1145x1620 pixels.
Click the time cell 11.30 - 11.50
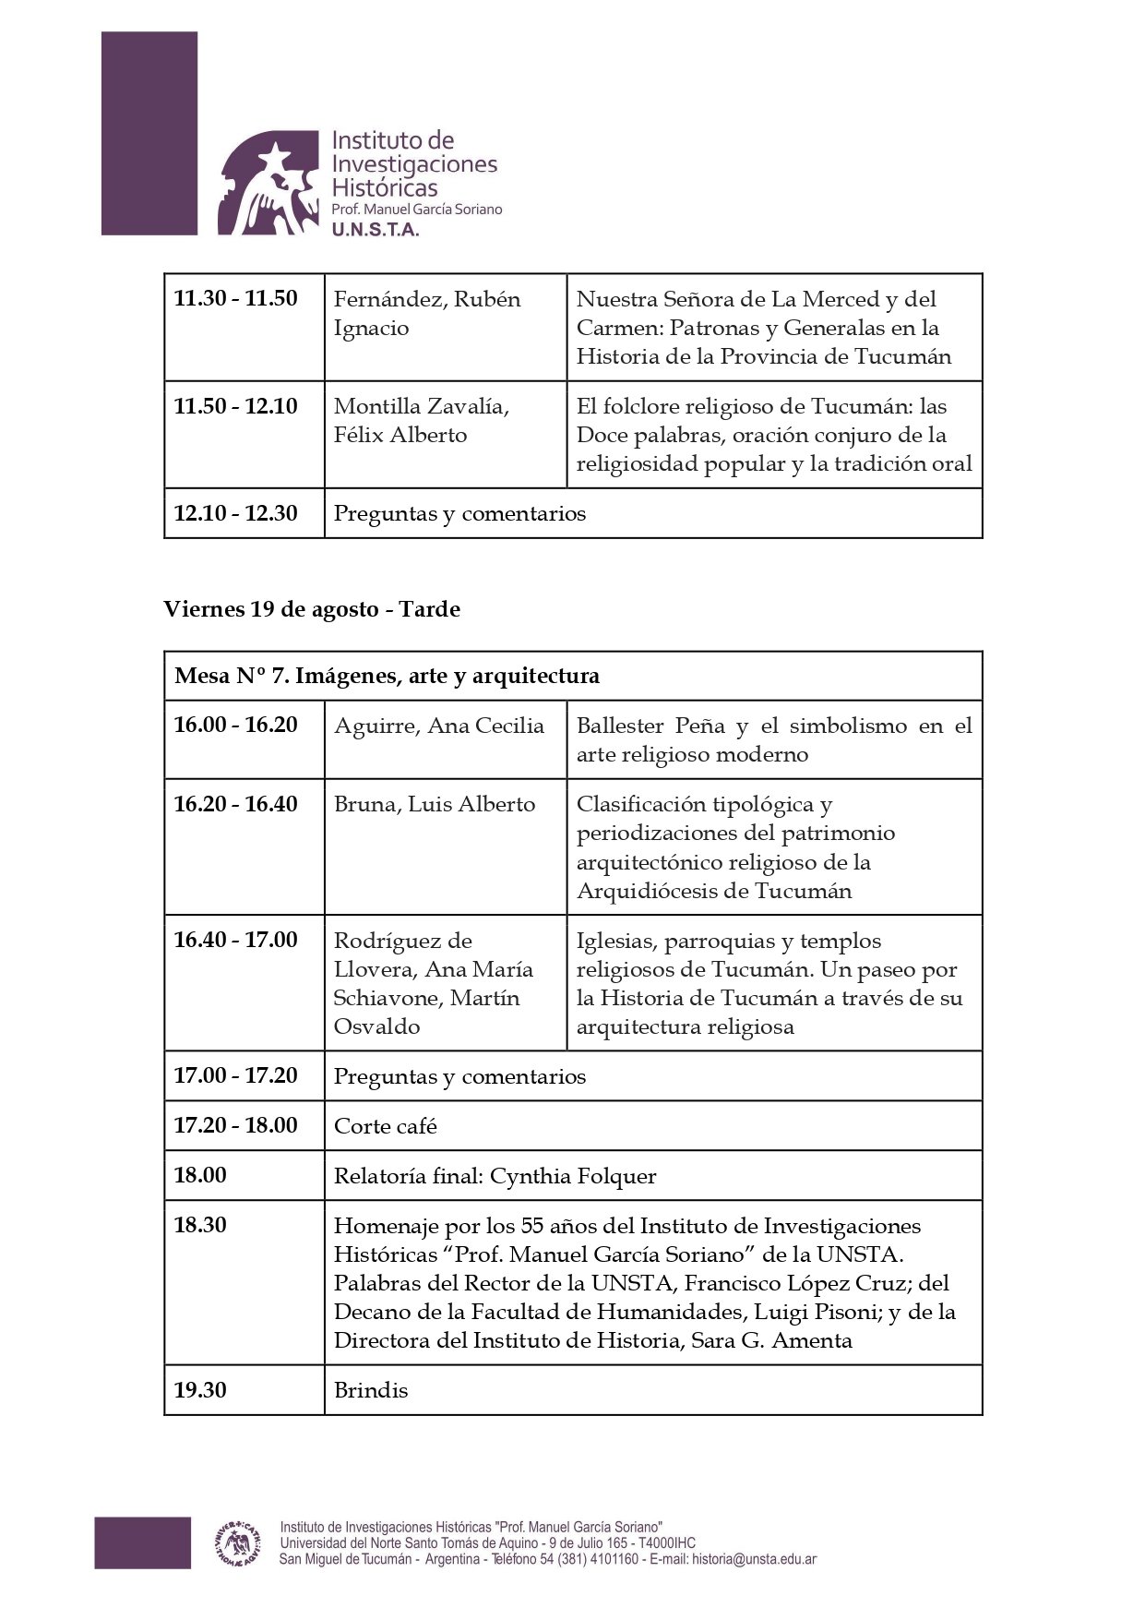[236, 299]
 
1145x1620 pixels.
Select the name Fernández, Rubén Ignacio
[427, 313]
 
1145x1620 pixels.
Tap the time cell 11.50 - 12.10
[236, 406]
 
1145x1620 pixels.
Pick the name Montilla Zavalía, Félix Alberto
[422, 420]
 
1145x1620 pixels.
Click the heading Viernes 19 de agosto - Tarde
[312, 609]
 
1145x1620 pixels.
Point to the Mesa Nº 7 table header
[388, 676]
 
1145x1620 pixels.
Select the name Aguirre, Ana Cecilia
[439, 726]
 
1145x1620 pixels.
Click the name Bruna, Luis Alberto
[435, 804]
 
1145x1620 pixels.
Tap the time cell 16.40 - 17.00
[236, 940]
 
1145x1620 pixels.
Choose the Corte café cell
[386, 1126]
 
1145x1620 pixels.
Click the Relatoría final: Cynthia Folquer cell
[495, 1176]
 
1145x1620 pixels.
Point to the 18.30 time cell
[200, 1225]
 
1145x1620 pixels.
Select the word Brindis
[371, 1390]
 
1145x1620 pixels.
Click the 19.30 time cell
[200, 1390]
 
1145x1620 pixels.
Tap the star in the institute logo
[274, 153]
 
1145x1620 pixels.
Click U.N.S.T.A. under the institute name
[376, 230]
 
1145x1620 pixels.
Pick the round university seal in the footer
[237, 1542]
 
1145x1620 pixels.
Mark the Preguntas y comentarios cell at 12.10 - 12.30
[459, 513]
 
